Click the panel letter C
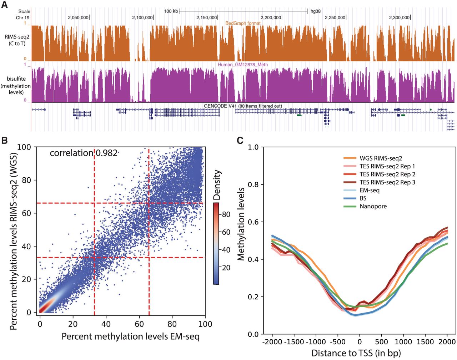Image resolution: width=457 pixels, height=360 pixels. [240, 140]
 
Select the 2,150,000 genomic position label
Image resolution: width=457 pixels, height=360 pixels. [207, 17]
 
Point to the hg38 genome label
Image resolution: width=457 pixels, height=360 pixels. [316, 11]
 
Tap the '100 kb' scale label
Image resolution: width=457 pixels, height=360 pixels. [171, 11]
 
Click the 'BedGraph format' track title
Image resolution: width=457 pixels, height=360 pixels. [243, 23]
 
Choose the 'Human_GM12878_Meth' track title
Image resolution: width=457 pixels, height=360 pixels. [243, 65]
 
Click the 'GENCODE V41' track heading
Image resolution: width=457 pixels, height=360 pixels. [243, 106]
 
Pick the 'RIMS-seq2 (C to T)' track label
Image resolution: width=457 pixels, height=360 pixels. [17, 40]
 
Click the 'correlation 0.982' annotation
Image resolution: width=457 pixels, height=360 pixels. [84, 153]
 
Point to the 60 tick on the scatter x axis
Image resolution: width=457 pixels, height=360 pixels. [139, 324]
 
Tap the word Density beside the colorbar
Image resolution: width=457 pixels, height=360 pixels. [217, 184]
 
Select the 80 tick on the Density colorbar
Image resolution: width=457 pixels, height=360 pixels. [226, 214]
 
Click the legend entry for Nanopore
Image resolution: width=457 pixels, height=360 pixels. [373, 206]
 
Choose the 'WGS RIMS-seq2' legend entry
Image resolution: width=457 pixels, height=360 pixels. [381, 158]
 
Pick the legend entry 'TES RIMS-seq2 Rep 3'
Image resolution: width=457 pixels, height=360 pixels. [387, 182]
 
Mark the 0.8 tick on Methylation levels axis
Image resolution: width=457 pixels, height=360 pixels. [253, 184]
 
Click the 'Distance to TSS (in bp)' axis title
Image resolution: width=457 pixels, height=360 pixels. [356, 353]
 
